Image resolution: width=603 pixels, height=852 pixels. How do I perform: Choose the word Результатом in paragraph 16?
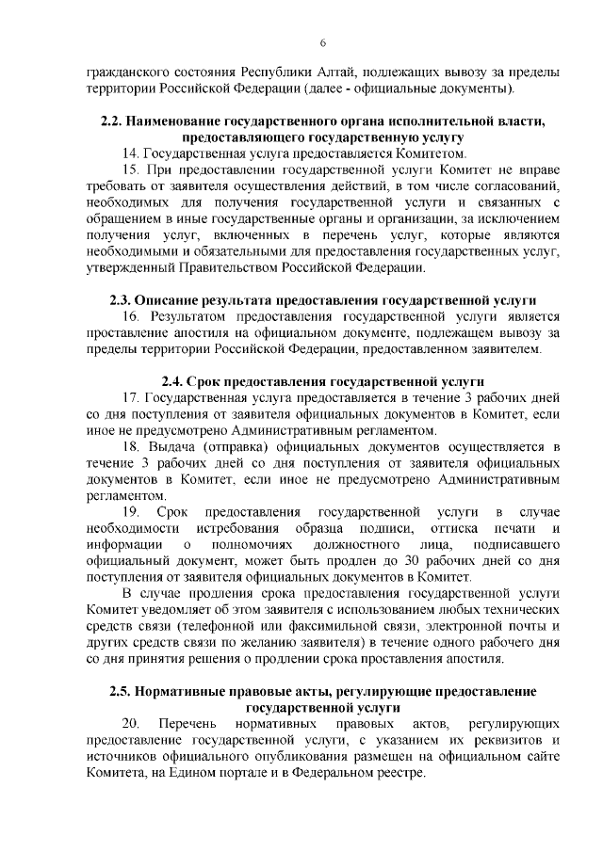coord(190,317)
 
